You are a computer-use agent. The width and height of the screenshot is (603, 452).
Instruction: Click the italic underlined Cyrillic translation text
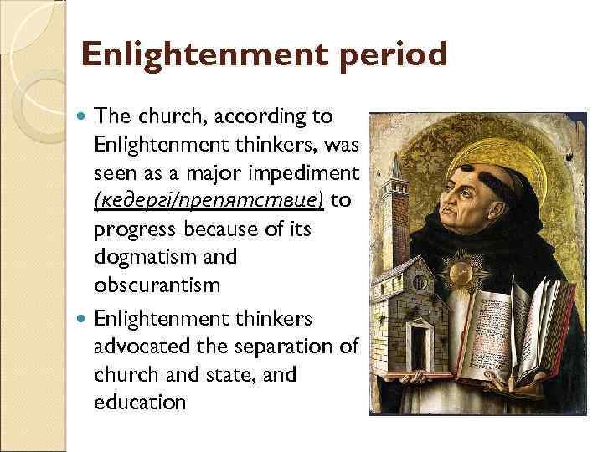209,201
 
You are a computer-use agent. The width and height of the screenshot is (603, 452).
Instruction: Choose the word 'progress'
133,229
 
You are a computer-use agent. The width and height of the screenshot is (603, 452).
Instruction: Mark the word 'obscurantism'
157,285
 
